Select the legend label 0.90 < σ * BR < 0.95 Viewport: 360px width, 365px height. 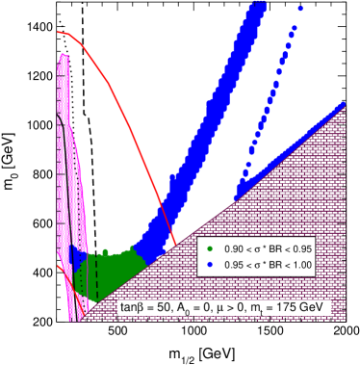pos(274,248)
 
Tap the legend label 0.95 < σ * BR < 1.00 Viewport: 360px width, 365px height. pos(274,263)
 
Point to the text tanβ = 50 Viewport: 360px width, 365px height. pos(143,308)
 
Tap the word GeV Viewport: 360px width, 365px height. pos(319,308)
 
